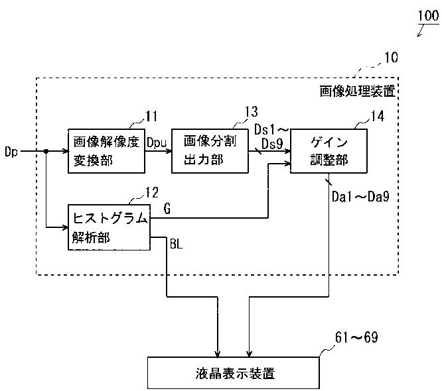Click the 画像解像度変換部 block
click(107, 151)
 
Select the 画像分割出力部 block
click(210, 151)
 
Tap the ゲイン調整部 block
click(329, 151)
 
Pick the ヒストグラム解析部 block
click(109, 227)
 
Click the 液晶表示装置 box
click(234, 373)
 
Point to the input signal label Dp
click(11, 152)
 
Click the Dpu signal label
click(157, 143)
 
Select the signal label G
click(167, 209)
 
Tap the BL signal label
click(176, 244)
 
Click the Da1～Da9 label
click(360, 196)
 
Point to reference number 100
click(429, 16)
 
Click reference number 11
click(151, 116)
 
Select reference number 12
click(152, 193)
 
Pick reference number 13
click(251, 111)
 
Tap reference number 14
click(378, 116)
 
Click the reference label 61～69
click(356, 337)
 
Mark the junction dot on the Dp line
click(46, 151)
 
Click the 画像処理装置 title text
click(358, 91)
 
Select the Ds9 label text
click(272, 144)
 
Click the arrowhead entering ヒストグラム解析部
click(65, 227)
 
